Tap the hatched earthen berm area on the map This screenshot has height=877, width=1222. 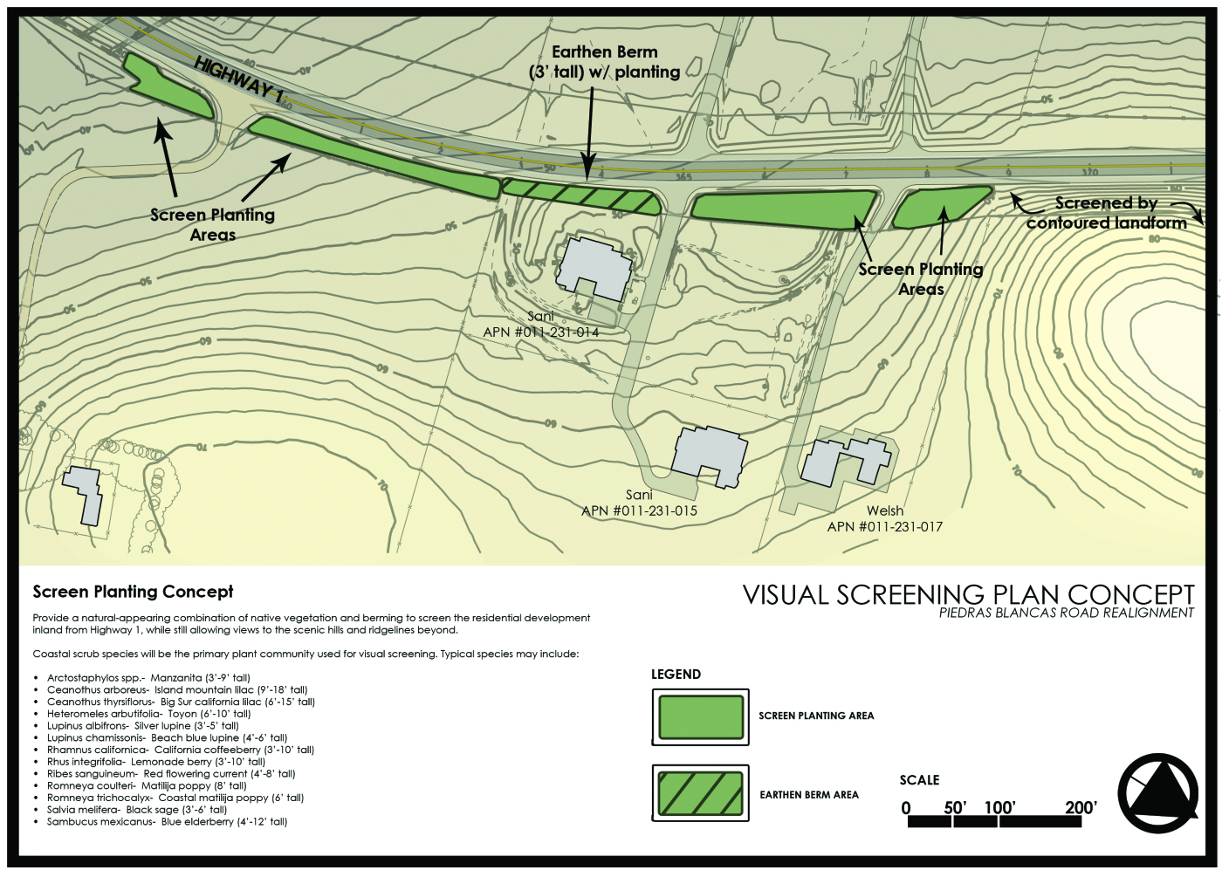pos(580,196)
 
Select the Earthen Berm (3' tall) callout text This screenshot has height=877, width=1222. pos(605,62)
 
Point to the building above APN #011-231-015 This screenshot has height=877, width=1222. pos(710,454)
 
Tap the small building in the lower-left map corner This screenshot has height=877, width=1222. pos(84,494)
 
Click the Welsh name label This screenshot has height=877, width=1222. pos(885,510)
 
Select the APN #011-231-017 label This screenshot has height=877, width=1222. pos(885,526)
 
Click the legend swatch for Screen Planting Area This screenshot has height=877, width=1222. pos(700,716)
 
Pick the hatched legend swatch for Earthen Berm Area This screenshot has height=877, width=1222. pos(700,793)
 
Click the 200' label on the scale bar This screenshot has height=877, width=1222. pos(1081,807)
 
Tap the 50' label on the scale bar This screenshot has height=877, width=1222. pos(955,807)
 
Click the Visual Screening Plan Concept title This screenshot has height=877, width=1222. pos(968,594)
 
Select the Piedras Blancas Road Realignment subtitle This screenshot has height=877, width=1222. pos(1066,613)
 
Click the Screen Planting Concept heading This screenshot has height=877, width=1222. pos(133,592)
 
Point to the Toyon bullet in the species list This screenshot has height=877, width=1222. pos(148,714)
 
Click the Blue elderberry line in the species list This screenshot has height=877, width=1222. pos(167,821)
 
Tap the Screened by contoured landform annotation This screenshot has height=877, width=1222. pos(1106,213)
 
